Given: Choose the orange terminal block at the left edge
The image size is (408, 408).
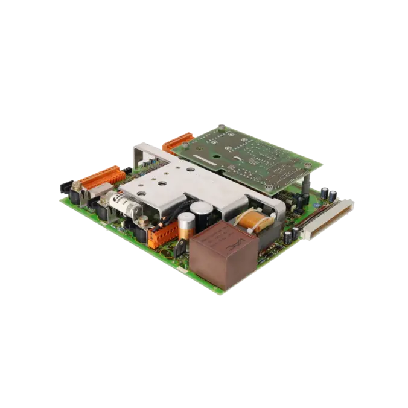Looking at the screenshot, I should (104, 179).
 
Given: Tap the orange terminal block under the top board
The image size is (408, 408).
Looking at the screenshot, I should (176, 142).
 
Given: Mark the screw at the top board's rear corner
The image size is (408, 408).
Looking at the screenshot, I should (222, 127).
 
